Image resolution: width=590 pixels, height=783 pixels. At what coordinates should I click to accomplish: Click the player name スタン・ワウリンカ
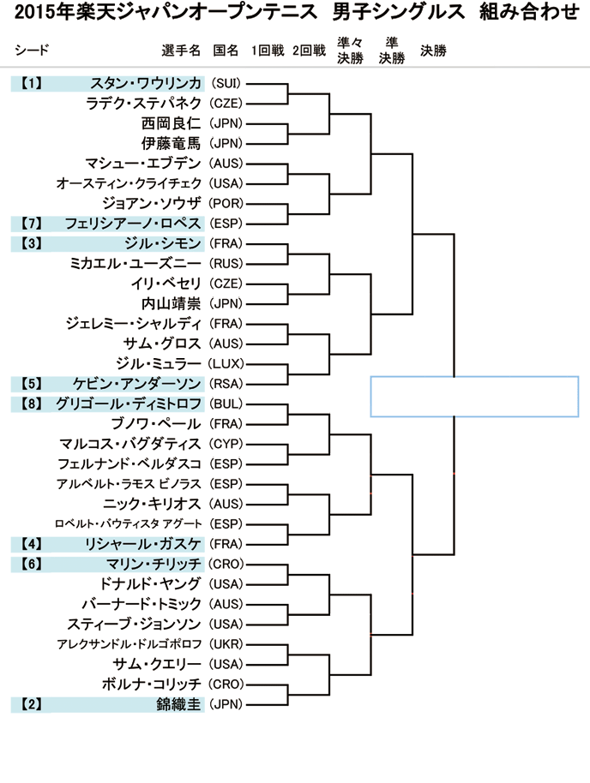pyautogui.click(x=146, y=83)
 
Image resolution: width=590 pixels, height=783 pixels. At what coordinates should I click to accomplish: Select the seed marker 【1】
pyautogui.click(x=32, y=83)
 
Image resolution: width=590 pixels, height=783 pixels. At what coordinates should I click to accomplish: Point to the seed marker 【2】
pyautogui.click(x=32, y=704)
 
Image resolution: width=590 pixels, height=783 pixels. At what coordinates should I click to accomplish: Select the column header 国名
pyautogui.click(x=225, y=51)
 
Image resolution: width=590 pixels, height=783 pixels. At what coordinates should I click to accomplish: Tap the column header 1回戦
pyautogui.click(x=268, y=51)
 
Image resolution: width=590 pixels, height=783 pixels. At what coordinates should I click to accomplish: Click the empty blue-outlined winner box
pyautogui.click(x=474, y=397)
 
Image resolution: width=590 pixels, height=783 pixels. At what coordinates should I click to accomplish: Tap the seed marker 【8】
pyautogui.click(x=32, y=403)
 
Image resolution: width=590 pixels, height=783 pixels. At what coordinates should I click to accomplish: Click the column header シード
pyautogui.click(x=31, y=51)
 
